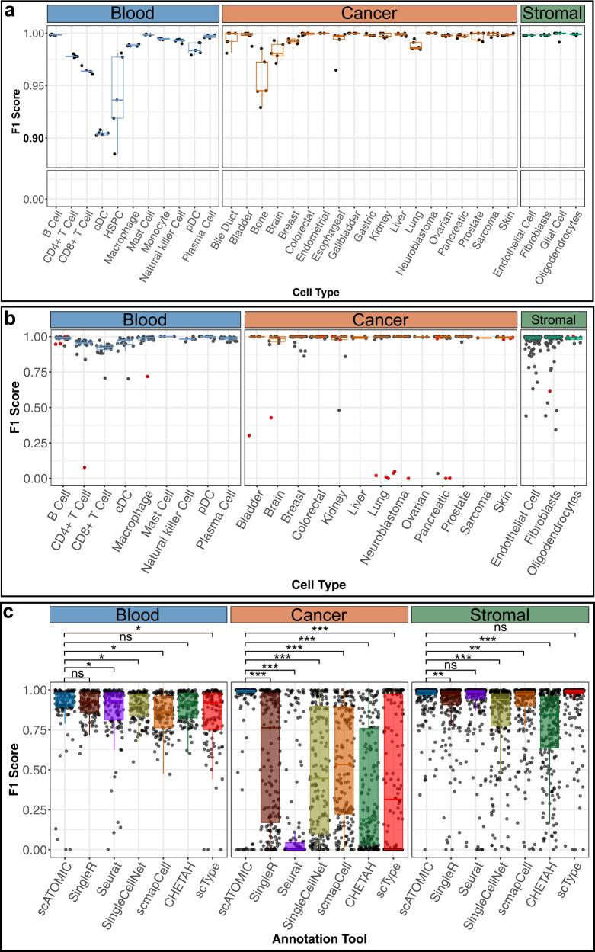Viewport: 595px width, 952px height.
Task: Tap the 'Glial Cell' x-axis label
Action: pyautogui.click(x=556, y=215)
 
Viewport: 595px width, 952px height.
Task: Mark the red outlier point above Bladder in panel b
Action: pyautogui.click(x=249, y=435)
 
